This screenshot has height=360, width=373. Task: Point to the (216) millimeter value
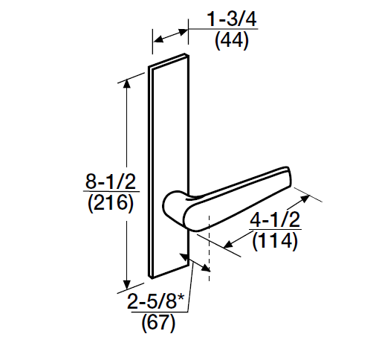point(107,203)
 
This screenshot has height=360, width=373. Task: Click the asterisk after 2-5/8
point(180,299)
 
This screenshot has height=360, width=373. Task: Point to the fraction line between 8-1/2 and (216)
point(107,193)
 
